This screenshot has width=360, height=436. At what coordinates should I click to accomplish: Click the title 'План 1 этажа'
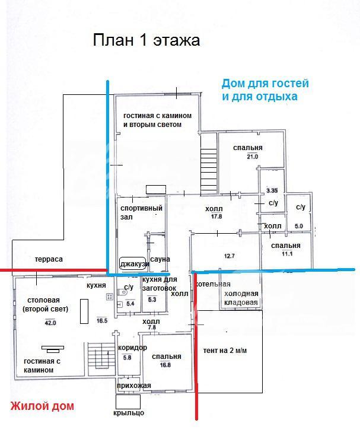[146, 41]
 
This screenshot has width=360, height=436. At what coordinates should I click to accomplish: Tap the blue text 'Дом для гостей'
[265, 84]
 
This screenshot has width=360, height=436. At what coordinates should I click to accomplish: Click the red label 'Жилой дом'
[43, 406]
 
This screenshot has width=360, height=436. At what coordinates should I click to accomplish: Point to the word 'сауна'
[160, 259]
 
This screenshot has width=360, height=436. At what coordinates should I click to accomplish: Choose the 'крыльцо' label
[129, 413]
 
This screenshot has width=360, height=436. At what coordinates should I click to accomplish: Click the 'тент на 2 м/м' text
[225, 351]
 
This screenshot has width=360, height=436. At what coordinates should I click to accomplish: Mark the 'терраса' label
[49, 259]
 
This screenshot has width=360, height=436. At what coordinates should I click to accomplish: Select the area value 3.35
[272, 190]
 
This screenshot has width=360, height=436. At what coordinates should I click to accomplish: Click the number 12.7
[214, 256]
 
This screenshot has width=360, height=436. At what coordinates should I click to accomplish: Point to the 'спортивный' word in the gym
[141, 208]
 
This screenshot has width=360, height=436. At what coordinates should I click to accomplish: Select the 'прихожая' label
[134, 386]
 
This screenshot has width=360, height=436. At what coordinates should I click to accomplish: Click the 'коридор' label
[133, 348]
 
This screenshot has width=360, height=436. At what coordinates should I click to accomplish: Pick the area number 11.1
[287, 254]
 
